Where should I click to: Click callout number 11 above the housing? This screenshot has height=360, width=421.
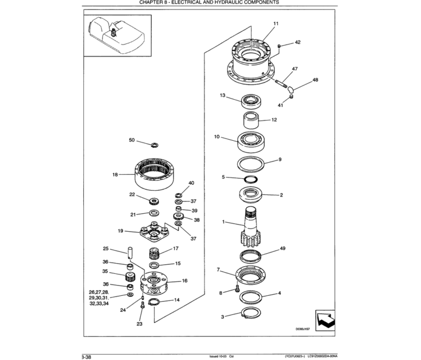pyautogui.click(x=276, y=23)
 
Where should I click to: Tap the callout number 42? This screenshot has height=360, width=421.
pyautogui.click(x=298, y=42)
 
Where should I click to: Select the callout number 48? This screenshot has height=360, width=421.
pyautogui.click(x=315, y=80)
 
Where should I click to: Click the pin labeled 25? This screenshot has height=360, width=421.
pyautogui.click(x=130, y=253)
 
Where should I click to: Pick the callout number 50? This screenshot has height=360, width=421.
pyautogui.click(x=132, y=140)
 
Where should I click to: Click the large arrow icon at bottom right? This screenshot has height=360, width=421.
pyautogui.click(x=325, y=320)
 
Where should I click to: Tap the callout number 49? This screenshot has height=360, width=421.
pyautogui.click(x=282, y=248)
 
